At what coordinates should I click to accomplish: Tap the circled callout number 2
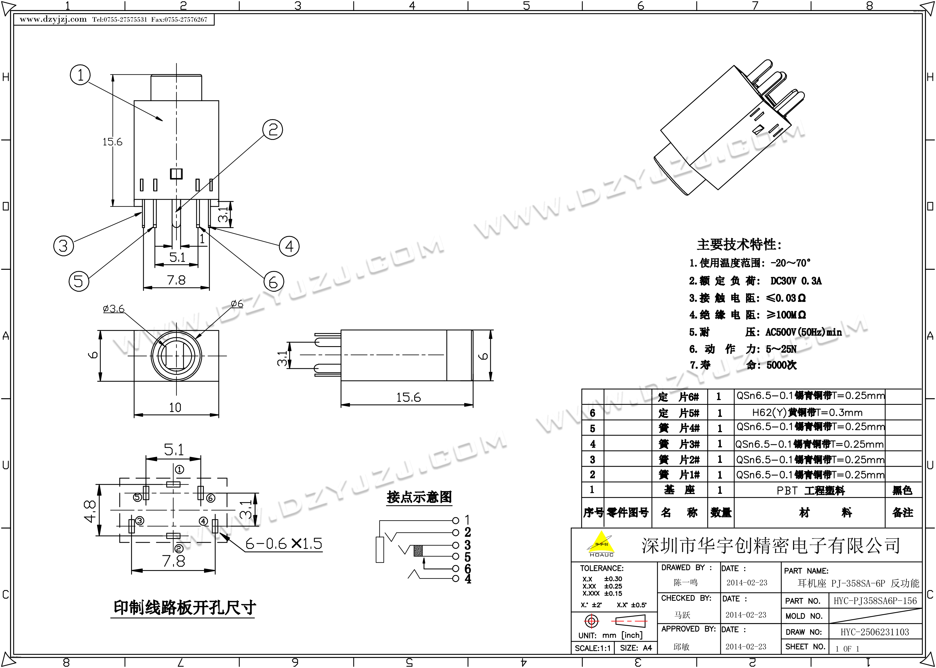coord(273,130)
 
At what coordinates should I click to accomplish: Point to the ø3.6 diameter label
coord(113,309)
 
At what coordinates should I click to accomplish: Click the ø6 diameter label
coord(237,304)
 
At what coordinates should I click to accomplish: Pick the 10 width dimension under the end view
coord(175,407)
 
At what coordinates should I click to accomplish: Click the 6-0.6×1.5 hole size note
coord(284,544)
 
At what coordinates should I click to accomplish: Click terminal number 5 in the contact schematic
coord(468,557)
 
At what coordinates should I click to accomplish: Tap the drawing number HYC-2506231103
coord(875,632)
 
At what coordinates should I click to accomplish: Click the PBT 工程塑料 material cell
coord(810,490)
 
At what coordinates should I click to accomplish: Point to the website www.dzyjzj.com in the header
coord(53,19)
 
